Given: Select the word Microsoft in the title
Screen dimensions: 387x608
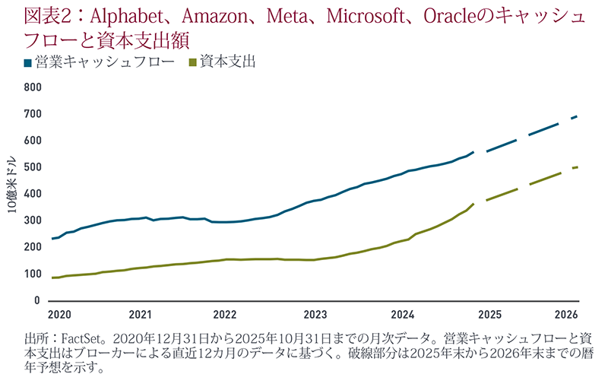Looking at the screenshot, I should pos(343,15).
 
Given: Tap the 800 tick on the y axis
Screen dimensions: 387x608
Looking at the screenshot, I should pos(31,87).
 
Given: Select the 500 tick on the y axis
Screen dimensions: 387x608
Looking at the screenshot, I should pos(31,167).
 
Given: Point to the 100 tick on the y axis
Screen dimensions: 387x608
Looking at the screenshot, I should pos(31,274).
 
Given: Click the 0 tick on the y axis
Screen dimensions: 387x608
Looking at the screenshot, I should pos(36,301).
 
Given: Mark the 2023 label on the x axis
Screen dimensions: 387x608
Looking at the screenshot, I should pos(315,314).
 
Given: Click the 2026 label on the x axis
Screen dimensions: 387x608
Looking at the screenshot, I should pos(566,314).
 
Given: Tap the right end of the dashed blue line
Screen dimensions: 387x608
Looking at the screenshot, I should pos(578,116).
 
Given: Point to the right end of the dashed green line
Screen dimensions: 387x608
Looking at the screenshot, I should pos(578,167).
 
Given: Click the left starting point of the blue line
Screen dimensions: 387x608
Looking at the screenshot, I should pos(52,239).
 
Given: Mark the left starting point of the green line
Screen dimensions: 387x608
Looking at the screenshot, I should pos(52,278).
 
